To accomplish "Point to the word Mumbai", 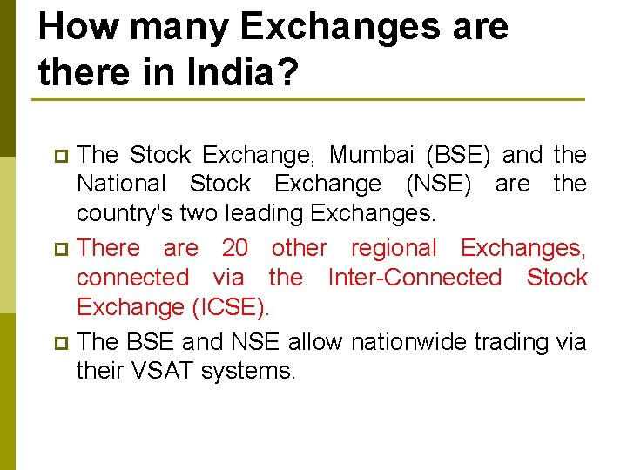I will point(373,155).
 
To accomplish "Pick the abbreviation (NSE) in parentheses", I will point(437,185).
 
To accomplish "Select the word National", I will point(121,185).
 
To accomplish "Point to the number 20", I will point(235,248).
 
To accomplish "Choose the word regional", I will point(394,248).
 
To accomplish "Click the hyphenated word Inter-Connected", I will point(415,278).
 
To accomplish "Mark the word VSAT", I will point(163,371).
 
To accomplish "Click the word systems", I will point(248,371).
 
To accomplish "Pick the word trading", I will point(509,341).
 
